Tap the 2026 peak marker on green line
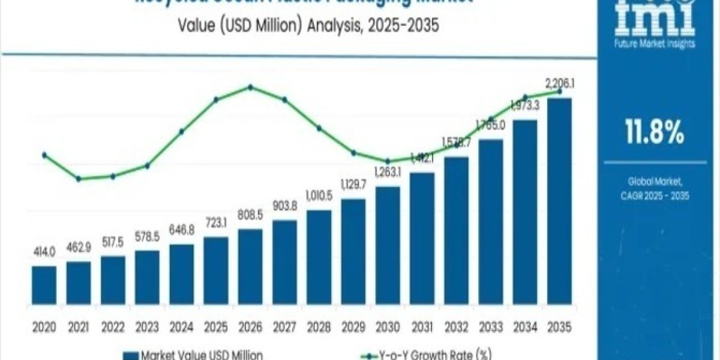coord(250,88)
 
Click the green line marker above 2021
coord(79,179)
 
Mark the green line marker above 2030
coord(388,161)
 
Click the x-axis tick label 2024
coord(181,328)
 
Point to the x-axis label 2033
coord(491,328)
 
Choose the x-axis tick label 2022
coord(112,328)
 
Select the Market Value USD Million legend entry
coord(196,355)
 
